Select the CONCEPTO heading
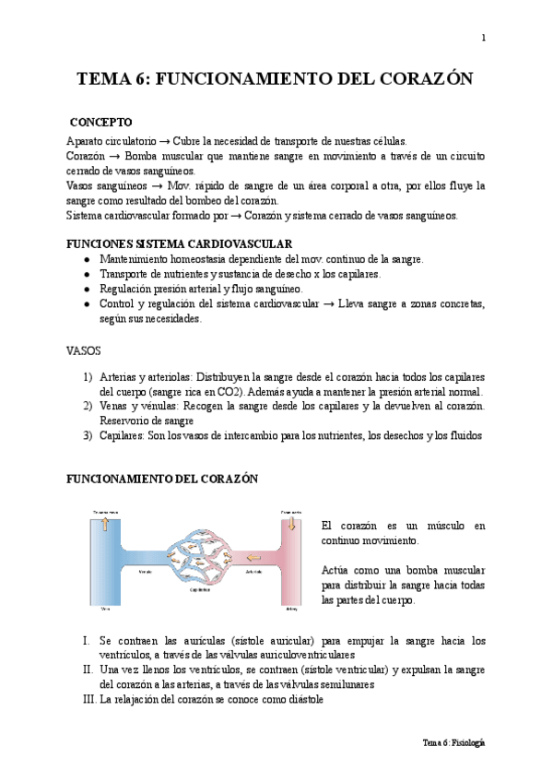click(100, 123)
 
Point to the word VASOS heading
click(84, 350)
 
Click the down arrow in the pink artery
click(292, 524)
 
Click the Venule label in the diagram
click(145, 572)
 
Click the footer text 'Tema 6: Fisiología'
click(453, 742)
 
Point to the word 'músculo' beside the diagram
click(429, 526)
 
